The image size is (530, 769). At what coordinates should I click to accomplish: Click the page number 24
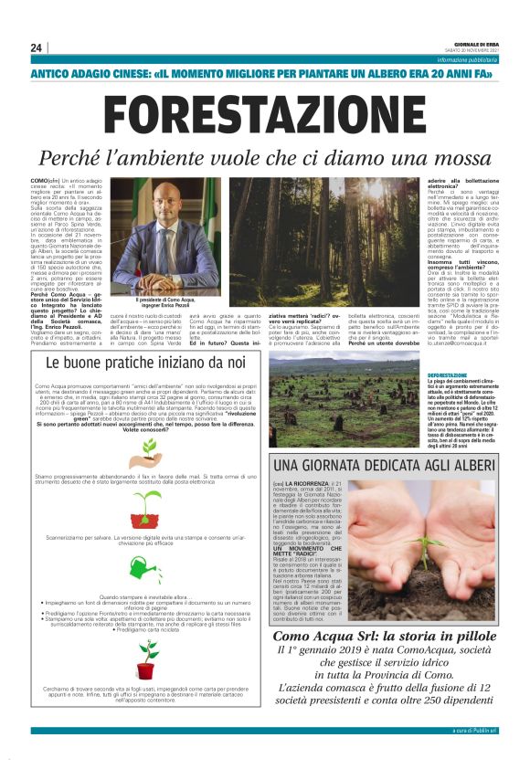click(36, 47)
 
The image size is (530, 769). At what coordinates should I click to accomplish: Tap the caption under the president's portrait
click(166, 301)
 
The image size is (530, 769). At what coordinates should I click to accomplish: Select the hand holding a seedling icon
click(145, 452)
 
